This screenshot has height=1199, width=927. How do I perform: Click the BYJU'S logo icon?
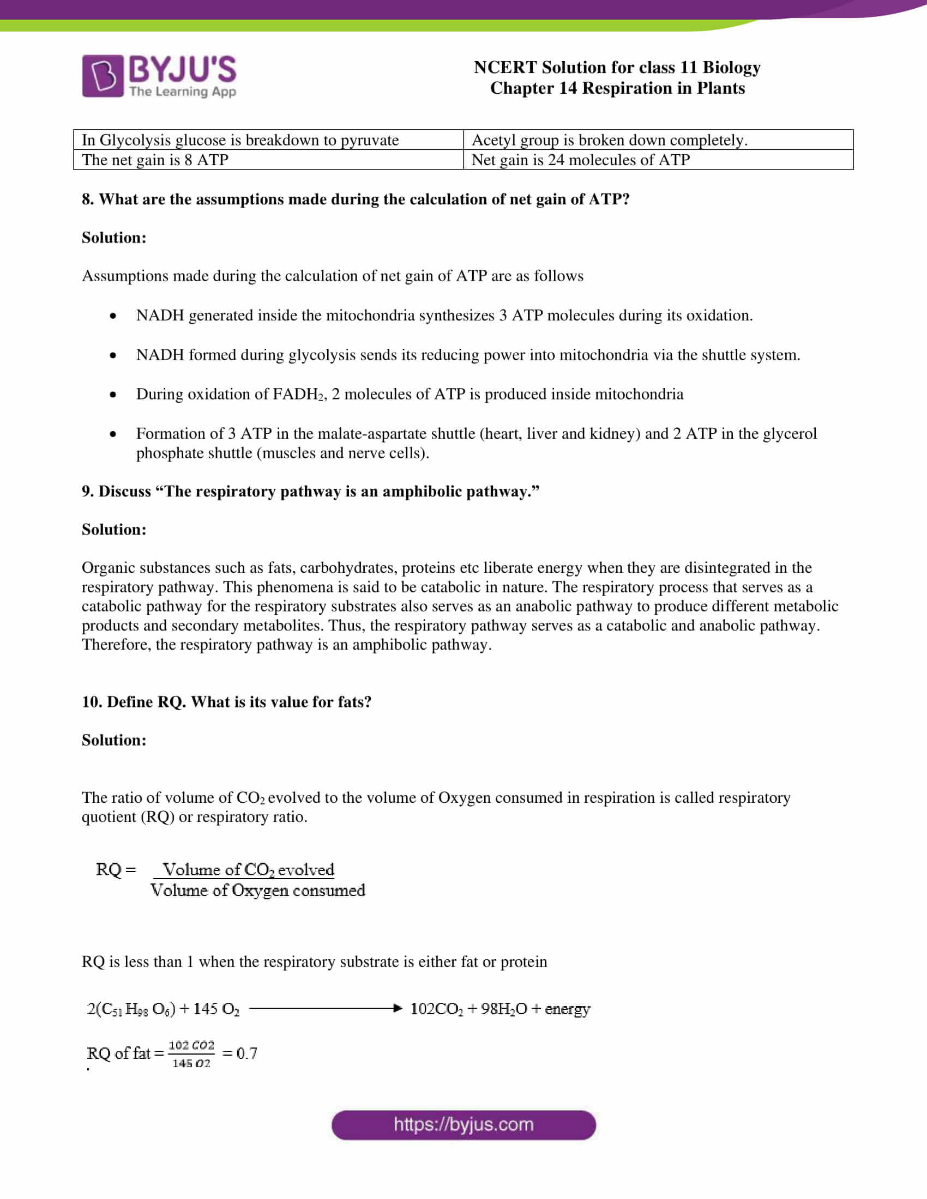tap(103, 76)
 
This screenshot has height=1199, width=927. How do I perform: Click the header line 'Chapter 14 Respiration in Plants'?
tap(617, 88)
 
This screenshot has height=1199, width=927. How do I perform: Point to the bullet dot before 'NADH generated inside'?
tap(113, 316)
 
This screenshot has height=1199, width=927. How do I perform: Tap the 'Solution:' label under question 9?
tap(114, 529)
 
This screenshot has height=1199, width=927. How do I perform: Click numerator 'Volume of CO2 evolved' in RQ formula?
tap(248, 870)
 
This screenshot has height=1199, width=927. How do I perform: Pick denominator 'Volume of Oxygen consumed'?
tap(257, 890)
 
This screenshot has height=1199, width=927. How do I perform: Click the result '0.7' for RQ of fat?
tap(246, 1053)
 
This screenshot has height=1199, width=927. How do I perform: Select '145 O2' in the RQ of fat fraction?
tap(191, 1063)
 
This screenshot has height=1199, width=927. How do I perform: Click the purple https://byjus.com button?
tap(463, 1124)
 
